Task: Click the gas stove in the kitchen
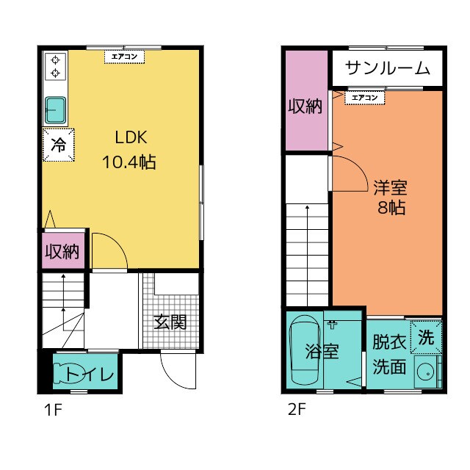pyautogui.click(x=55, y=66)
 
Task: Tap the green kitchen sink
pyautogui.click(x=55, y=110)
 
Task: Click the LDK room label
pyautogui.click(x=131, y=137)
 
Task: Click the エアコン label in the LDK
pyautogui.click(x=123, y=56)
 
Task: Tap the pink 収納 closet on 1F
pyautogui.click(x=62, y=252)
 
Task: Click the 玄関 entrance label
pyautogui.click(x=170, y=322)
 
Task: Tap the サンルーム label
pyautogui.click(x=386, y=68)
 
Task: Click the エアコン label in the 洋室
pyautogui.click(x=364, y=97)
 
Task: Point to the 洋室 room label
pyautogui.click(x=389, y=187)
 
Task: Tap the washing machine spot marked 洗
pyautogui.click(x=426, y=338)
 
